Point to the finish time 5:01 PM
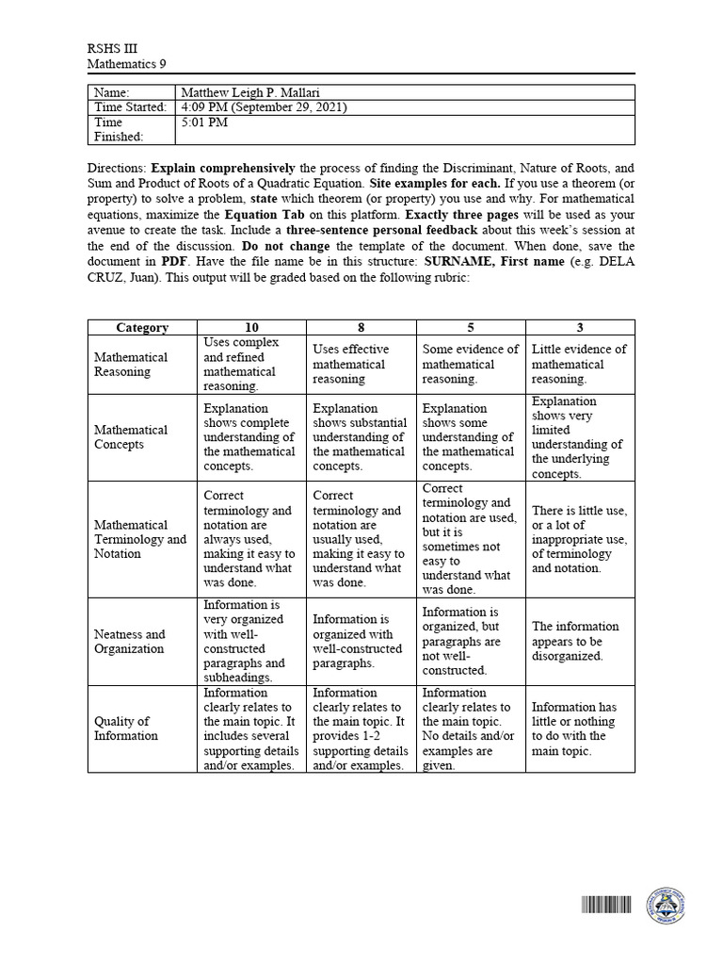(x=204, y=123)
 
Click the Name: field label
(x=112, y=92)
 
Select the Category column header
(x=142, y=327)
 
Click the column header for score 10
(x=252, y=327)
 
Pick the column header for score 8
(x=361, y=327)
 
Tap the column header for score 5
(x=471, y=327)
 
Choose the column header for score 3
(x=580, y=327)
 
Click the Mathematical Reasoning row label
(x=131, y=364)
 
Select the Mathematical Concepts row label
(x=131, y=436)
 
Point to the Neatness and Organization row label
(x=130, y=641)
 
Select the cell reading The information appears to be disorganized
(x=575, y=641)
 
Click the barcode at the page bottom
(x=606, y=907)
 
